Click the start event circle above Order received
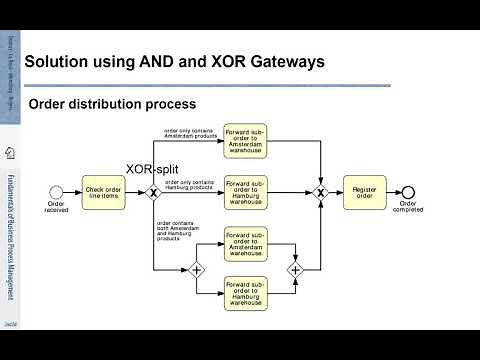(56, 191)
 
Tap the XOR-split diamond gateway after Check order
(153, 191)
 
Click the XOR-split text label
(151, 169)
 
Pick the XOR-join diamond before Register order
(320, 191)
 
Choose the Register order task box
(363, 191)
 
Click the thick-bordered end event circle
(407, 191)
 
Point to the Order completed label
(408, 208)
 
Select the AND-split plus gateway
(196, 269)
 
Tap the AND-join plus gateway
(296, 269)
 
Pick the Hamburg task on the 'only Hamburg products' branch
(246, 191)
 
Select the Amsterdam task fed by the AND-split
(246, 244)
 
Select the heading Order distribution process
(111, 104)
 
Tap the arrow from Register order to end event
(392, 191)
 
